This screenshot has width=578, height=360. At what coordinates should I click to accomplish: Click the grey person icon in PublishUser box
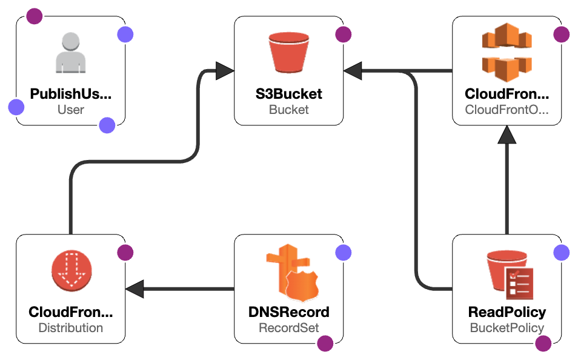click(70, 53)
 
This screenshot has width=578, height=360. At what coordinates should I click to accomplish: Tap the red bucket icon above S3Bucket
click(288, 53)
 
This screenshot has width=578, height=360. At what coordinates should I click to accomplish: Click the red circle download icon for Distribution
click(70, 271)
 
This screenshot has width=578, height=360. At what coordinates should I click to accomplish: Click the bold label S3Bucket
click(288, 94)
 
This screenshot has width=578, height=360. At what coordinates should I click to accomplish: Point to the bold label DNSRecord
click(288, 312)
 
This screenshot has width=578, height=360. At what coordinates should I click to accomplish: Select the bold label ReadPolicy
click(507, 312)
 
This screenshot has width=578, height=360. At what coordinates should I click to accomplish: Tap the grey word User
click(70, 110)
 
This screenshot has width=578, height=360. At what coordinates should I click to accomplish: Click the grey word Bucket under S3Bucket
click(288, 110)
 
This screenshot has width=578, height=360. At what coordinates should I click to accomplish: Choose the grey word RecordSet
click(288, 328)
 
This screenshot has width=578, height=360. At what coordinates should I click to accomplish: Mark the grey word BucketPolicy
click(507, 328)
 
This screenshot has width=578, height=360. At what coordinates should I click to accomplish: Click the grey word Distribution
click(70, 328)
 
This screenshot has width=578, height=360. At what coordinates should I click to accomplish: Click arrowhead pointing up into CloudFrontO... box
click(507, 136)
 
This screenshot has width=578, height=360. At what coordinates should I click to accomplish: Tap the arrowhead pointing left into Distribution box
click(135, 289)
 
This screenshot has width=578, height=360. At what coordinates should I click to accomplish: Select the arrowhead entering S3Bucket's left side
click(225, 71)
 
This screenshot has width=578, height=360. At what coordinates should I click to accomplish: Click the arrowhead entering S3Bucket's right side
click(353, 71)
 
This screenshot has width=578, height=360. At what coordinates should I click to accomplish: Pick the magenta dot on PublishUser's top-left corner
click(35, 16)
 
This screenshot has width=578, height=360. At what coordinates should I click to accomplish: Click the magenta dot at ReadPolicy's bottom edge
click(543, 344)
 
